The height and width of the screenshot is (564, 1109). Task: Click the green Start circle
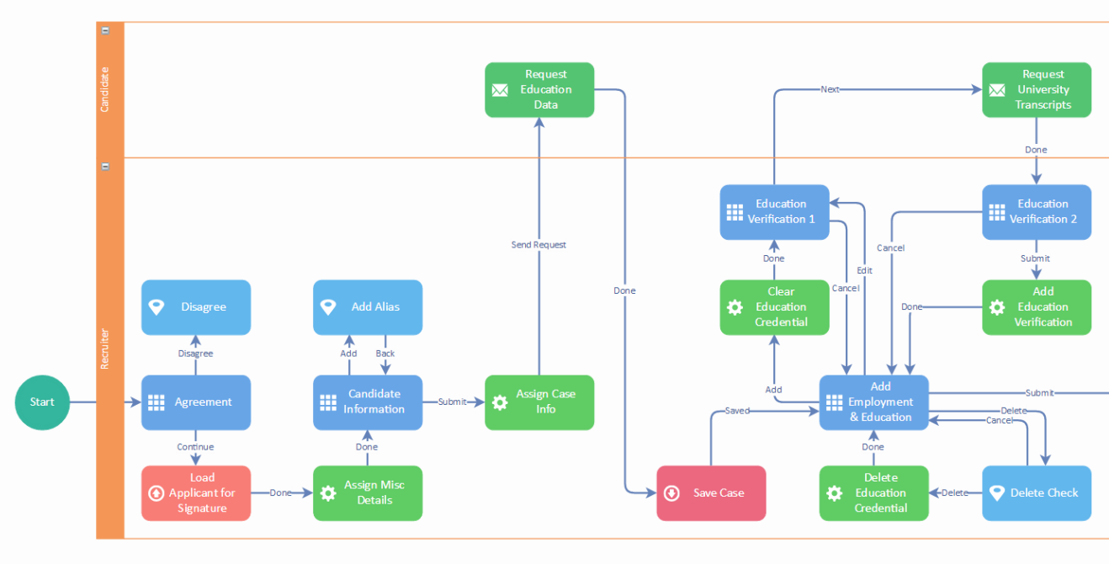click(x=42, y=402)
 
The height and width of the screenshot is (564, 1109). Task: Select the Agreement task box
click(x=195, y=402)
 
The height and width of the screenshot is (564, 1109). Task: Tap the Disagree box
click(x=195, y=307)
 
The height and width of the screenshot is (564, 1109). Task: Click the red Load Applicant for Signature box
click(x=195, y=493)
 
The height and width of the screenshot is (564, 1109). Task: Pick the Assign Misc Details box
click(x=368, y=493)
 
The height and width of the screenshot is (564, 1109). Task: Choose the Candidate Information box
click(x=368, y=402)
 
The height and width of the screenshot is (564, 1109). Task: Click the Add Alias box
click(x=368, y=307)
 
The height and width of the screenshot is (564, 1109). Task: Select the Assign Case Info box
click(x=539, y=402)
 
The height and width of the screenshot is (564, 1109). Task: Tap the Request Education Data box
click(x=539, y=90)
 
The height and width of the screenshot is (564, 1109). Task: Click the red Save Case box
click(x=711, y=493)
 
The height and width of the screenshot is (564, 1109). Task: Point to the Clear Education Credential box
click(x=775, y=307)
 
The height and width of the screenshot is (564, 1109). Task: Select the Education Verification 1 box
click(x=775, y=212)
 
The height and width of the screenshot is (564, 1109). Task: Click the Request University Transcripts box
click(x=1037, y=90)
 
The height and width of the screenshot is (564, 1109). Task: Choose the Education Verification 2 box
click(x=1037, y=212)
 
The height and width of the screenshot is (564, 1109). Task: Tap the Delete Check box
click(x=1037, y=493)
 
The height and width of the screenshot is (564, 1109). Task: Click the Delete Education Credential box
click(x=874, y=493)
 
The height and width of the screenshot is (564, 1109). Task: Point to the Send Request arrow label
click(x=539, y=245)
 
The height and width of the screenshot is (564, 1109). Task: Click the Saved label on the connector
click(x=737, y=411)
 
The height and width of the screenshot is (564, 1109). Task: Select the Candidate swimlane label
click(x=105, y=90)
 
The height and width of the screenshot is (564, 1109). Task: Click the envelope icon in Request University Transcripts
click(x=997, y=90)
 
